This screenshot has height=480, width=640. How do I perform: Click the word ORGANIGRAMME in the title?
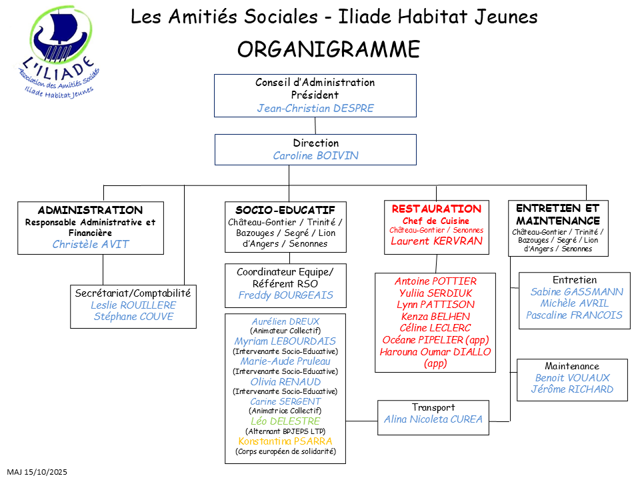coord(329,49)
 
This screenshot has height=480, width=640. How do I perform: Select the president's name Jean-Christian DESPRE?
coord(315,108)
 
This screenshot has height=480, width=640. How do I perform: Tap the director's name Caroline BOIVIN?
coord(315,155)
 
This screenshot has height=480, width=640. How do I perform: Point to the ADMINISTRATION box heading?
coord(90,210)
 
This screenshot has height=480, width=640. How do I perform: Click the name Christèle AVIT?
coord(91,244)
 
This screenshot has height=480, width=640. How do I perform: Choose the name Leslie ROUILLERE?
coord(133,305)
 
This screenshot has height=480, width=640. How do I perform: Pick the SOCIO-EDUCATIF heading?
coord(285,210)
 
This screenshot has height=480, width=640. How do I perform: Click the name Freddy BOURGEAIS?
coord(285,295)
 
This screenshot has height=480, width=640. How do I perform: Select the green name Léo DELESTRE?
coord(285,421)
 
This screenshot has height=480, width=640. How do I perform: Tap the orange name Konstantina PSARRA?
coord(285,441)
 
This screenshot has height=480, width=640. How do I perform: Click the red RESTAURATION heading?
coord(436,209)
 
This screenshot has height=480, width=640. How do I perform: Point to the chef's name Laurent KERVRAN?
coord(436,241)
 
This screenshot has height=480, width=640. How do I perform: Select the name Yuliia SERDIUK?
coord(436,293)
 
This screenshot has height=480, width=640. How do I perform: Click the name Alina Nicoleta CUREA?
coord(433,419)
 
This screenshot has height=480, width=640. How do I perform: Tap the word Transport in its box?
coord(433,407)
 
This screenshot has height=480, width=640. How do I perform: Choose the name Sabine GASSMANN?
coord(577,292)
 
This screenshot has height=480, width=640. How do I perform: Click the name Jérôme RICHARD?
coord(572,389)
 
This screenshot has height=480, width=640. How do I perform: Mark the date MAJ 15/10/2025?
coord(37,472)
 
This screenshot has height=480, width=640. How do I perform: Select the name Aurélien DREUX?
coord(285,321)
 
